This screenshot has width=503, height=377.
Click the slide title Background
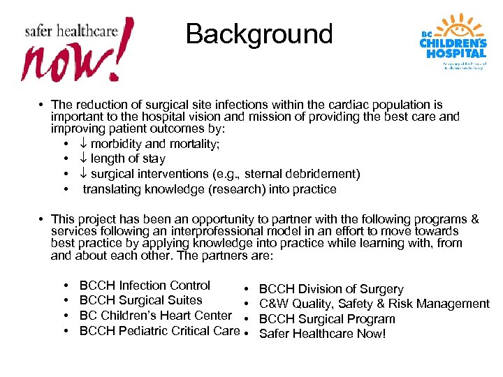click(259, 34)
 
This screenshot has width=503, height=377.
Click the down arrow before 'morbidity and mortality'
click(82, 144)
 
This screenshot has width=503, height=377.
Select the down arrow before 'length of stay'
click(82, 159)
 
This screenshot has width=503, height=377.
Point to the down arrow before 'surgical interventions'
click(82, 174)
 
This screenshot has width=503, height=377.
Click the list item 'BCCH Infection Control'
click(145, 286)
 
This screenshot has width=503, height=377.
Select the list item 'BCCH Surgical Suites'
click(140, 300)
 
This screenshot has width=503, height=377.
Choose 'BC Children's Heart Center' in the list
click(155, 316)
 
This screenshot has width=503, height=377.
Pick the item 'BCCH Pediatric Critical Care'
click(159, 331)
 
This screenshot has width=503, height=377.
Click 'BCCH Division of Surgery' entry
click(331, 289)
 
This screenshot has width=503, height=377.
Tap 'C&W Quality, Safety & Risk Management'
click(374, 304)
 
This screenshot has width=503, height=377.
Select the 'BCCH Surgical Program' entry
click(327, 319)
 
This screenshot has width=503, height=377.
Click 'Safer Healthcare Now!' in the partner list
click(322, 334)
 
